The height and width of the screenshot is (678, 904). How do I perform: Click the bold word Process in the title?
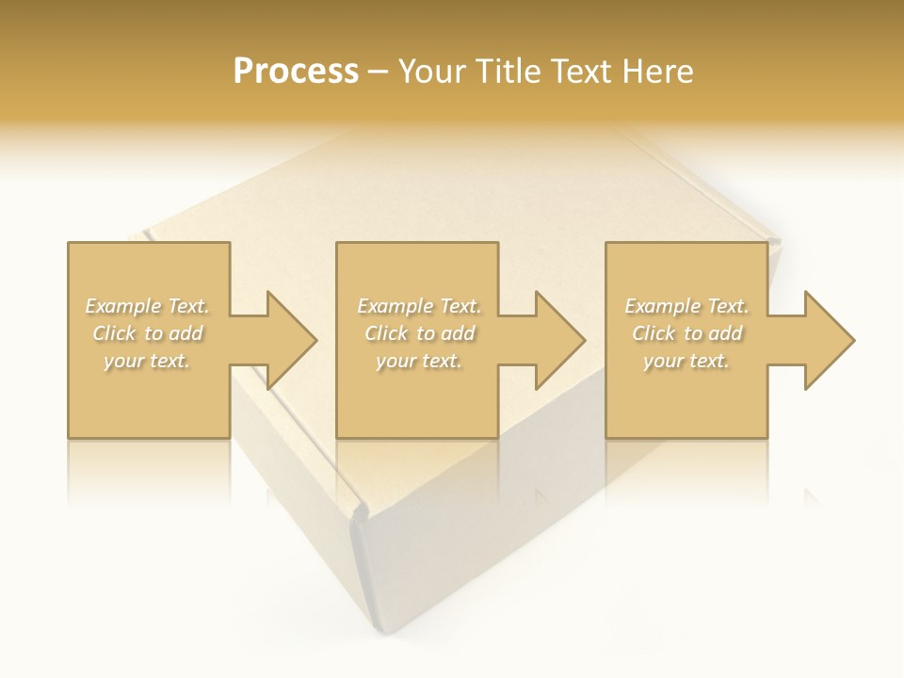point(296,72)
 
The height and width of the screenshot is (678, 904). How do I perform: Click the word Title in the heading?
point(508,72)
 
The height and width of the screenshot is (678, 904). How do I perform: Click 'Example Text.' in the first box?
point(147,306)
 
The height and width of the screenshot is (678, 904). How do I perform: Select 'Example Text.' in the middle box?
point(419,306)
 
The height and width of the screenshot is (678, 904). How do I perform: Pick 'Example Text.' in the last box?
point(686,306)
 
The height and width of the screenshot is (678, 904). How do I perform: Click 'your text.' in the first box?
point(147,361)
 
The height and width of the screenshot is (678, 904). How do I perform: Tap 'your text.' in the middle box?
point(419,361)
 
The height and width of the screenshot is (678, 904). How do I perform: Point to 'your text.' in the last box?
point(686,361)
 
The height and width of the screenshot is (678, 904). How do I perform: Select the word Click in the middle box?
point(385,333)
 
